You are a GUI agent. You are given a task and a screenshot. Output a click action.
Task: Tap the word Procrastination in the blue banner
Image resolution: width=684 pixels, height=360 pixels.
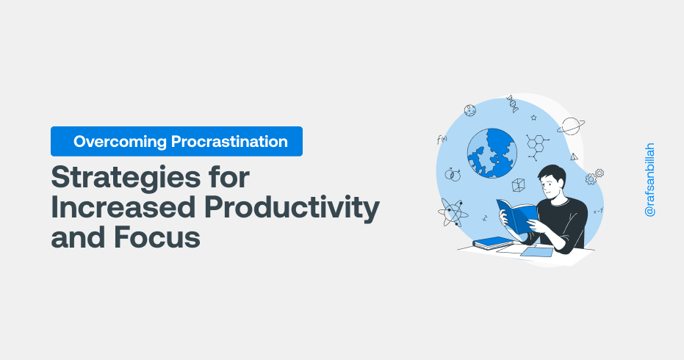point(229,141)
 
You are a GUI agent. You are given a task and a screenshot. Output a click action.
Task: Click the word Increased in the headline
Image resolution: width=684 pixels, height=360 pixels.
point(123,207)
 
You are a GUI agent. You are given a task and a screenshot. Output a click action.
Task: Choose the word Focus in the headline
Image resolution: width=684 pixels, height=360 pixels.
point(157,237)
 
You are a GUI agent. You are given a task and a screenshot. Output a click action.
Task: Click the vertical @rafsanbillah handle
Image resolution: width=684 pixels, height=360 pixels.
point(649,180)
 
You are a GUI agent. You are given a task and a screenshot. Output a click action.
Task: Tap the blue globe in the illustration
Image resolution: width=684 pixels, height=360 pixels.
point(492,153)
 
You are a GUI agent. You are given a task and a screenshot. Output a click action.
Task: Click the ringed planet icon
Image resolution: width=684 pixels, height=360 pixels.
point(571,126)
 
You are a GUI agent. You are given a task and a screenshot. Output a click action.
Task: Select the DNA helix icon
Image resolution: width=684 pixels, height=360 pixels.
point(513,104)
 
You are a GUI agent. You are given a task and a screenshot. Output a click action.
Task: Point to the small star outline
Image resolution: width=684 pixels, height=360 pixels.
point(533,118)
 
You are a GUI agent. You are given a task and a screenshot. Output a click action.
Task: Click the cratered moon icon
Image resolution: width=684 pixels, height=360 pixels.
point(469,110)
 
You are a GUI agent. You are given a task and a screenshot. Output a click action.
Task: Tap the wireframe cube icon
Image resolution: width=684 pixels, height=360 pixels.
point(518,185)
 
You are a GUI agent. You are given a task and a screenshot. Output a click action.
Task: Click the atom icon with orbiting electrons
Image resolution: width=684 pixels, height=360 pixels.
point(453,212)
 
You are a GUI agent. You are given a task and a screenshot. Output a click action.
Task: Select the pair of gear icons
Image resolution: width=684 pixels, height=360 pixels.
point(594,177)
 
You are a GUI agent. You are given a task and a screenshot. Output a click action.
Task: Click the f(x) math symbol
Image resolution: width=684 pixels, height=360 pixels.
point(442,140)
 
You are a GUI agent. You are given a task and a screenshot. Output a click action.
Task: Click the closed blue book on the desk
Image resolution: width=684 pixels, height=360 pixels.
point(492,243)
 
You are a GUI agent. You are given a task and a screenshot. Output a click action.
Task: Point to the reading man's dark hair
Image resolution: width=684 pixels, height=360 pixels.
point(552,173)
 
